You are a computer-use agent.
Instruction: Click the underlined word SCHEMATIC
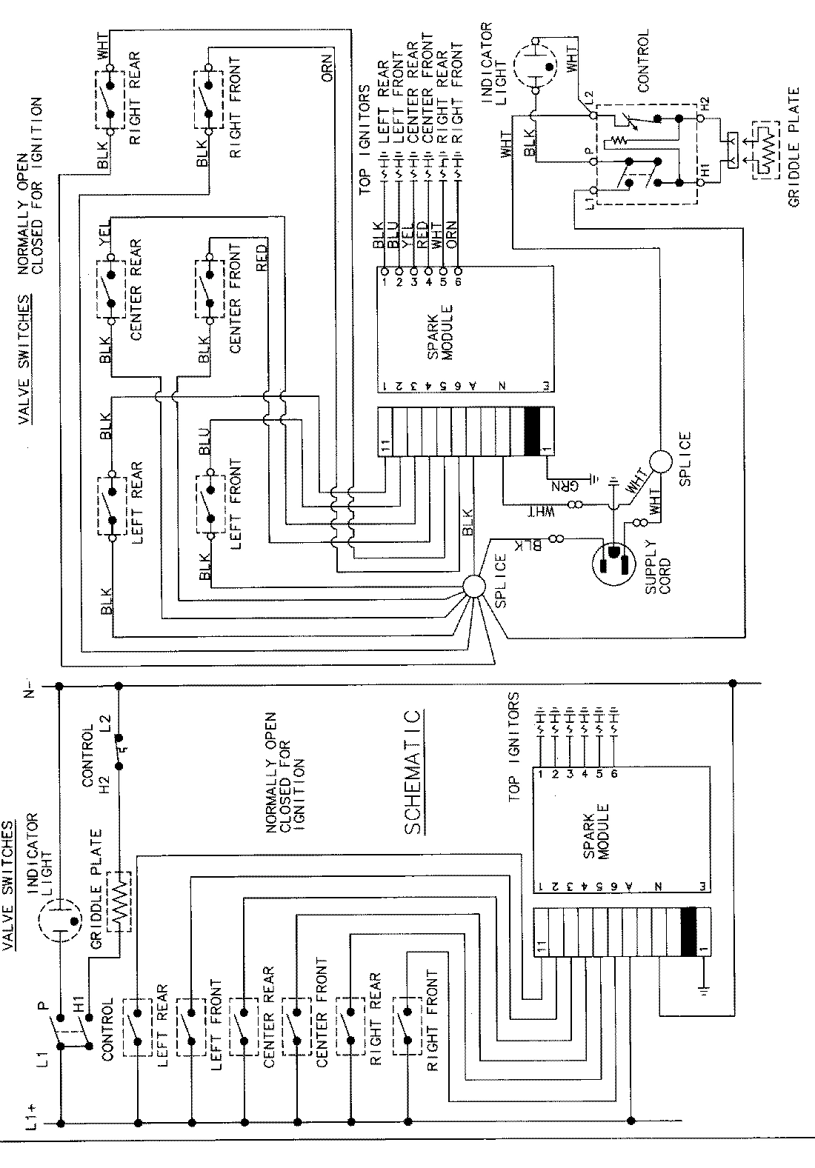tap(416, 772)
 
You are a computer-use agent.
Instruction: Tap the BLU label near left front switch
tap(205, 442)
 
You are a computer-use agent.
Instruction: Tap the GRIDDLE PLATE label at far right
tap(794, 148)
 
